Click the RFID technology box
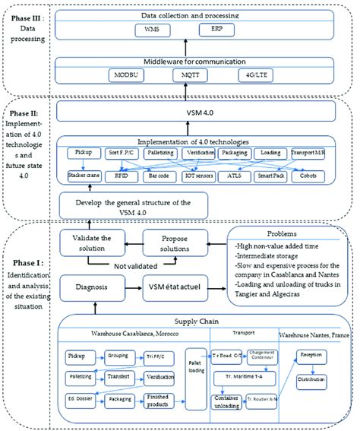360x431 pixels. coord(125,176)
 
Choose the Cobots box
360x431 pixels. coord(308,176)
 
